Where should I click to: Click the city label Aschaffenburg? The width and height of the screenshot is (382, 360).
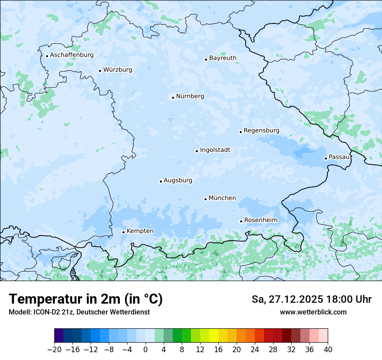[x=72, y=55]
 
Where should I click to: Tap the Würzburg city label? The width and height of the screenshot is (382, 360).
[x=118, y=70]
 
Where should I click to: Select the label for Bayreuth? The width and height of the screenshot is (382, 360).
[x=223, y=58]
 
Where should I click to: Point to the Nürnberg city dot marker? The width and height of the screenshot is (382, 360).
[x=173, y=98]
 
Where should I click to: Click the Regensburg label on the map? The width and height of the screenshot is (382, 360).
[x=261, y=131]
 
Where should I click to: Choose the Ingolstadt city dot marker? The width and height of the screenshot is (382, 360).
[x=197, y=151]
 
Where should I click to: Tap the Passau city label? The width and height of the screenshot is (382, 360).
[x=339, y=157]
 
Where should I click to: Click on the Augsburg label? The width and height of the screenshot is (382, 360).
[x=178, y=180]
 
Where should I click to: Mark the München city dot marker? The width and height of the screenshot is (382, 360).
[x=205, y=199]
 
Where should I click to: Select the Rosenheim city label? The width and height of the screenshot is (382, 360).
[x=260, y=220]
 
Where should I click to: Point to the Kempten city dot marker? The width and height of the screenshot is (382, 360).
[x=123, y=232]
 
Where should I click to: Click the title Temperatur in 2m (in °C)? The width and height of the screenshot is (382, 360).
[x=86, y=299]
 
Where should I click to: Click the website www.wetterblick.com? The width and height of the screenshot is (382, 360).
[x=313, y=312]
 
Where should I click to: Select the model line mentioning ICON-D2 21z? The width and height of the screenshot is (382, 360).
[x=79, y=312]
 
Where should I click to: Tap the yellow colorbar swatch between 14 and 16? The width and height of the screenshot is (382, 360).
[x=214, y=336]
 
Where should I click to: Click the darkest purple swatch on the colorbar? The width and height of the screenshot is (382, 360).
[x=59, y=336]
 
